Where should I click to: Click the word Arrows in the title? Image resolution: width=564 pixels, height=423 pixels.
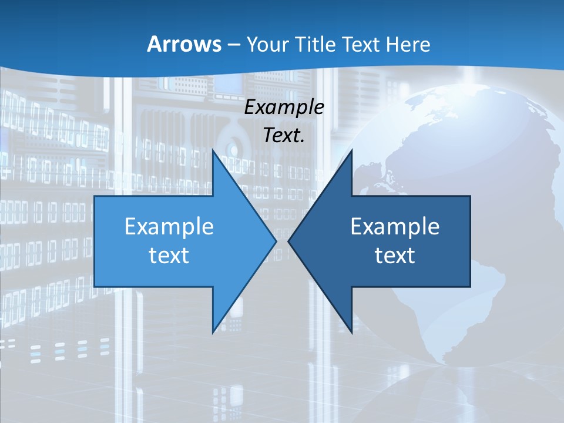click(183, 44)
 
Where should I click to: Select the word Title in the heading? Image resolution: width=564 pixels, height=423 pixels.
click(314, 44)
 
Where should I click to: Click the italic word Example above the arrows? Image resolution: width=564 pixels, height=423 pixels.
click(284, 108)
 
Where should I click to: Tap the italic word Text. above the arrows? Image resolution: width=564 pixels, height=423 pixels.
click(284, 136)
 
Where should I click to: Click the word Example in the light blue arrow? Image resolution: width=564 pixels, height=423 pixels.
click(169, 227)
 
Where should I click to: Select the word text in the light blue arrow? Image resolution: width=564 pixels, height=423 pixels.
click(169, 256)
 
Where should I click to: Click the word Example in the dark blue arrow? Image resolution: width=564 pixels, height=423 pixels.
click(395, 227)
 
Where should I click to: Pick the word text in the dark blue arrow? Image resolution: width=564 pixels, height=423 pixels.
click(395, 256)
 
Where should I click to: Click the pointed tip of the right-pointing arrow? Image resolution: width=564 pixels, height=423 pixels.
click(276, 241)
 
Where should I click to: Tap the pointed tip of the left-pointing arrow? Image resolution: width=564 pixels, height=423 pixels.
click(288, 241)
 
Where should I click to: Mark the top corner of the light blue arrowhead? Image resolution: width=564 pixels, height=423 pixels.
click(213, 150)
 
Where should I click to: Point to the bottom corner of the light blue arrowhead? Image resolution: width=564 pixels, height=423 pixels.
click(213, 333)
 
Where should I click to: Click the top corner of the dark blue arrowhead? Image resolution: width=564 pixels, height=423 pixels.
click(351, 150)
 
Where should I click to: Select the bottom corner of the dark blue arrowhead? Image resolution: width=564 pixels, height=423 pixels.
click(351, 333)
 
